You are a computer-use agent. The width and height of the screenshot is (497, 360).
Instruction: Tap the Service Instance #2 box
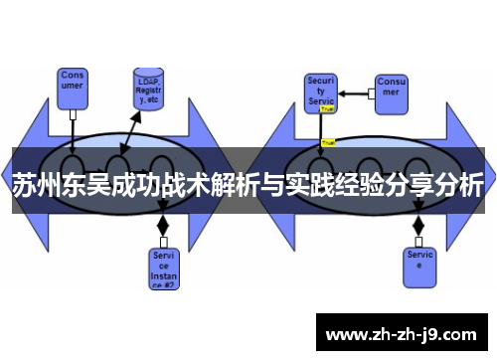coord(164,268)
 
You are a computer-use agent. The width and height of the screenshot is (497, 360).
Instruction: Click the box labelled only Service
coord(418,262)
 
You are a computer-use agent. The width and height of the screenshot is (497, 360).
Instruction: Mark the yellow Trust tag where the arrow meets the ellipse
coord(327,142)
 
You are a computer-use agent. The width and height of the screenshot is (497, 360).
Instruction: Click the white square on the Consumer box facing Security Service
coord(370,93)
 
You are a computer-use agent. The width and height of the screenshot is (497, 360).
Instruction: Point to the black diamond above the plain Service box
coord(417,225)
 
